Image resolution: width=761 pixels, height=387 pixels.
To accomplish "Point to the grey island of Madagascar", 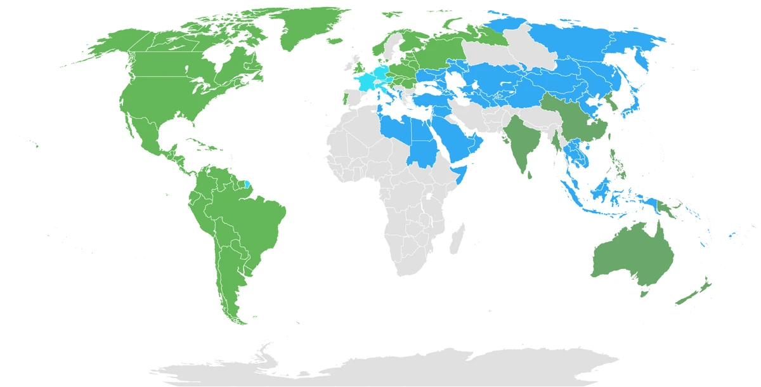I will (x=455, y=241).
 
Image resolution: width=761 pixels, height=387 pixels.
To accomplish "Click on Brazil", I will (x=254, y=216).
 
